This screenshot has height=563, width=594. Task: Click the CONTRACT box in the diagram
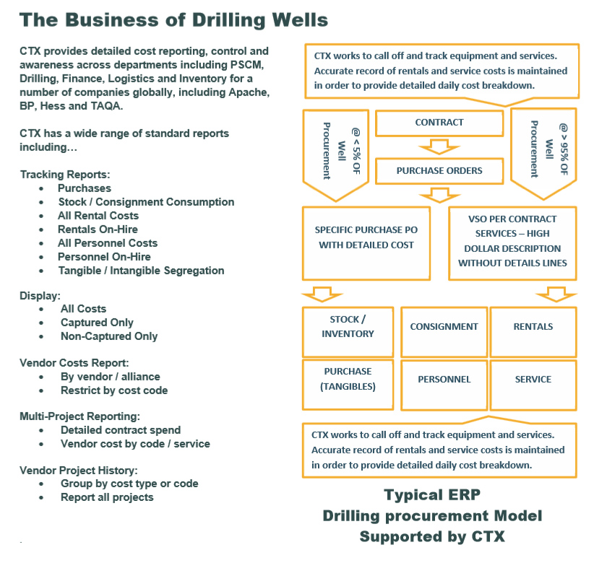(439, 123)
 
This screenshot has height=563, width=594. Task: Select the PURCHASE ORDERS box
(439, 171)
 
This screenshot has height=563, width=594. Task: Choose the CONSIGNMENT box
(444, 327)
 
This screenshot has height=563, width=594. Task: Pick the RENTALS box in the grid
(533, 327)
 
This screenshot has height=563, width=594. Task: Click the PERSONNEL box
(444, 379)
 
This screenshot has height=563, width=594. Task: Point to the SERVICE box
(533, 379)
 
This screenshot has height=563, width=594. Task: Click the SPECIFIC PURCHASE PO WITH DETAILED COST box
(366, 238)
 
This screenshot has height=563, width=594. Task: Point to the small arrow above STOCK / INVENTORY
(319, 293)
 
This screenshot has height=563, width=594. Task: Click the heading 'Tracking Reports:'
(65, 175)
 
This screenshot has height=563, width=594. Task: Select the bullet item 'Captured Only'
(97, 323)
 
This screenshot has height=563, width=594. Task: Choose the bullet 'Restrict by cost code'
(114, 390)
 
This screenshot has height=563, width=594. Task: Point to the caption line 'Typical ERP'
(432, 496)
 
